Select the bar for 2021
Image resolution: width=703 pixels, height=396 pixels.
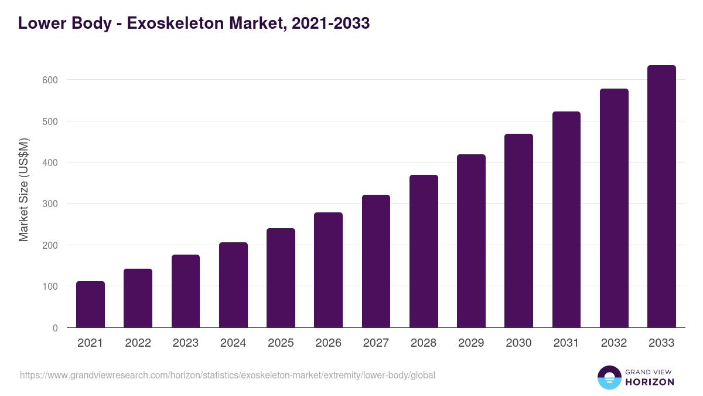click(90, 304)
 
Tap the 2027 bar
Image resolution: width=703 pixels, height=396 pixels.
click(376, 261)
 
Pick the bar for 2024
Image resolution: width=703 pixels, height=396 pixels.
click(233, 285)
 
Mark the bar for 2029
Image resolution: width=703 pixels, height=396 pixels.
click(471, 241)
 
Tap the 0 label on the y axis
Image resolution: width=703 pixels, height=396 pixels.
click(55, 328)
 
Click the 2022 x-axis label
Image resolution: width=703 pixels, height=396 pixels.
click(138, 343)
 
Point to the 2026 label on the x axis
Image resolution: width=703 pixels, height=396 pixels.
click(328, 343)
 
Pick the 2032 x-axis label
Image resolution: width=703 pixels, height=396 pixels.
click(614, 343)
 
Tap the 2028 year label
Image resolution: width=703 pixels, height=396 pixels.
click(424, 343)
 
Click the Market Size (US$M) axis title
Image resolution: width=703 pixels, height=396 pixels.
click(23, 189)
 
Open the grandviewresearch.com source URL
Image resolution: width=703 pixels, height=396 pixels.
click(227, 375)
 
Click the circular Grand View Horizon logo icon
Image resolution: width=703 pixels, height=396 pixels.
click(609, 377)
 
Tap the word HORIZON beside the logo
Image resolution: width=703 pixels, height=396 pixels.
click(650, 382)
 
